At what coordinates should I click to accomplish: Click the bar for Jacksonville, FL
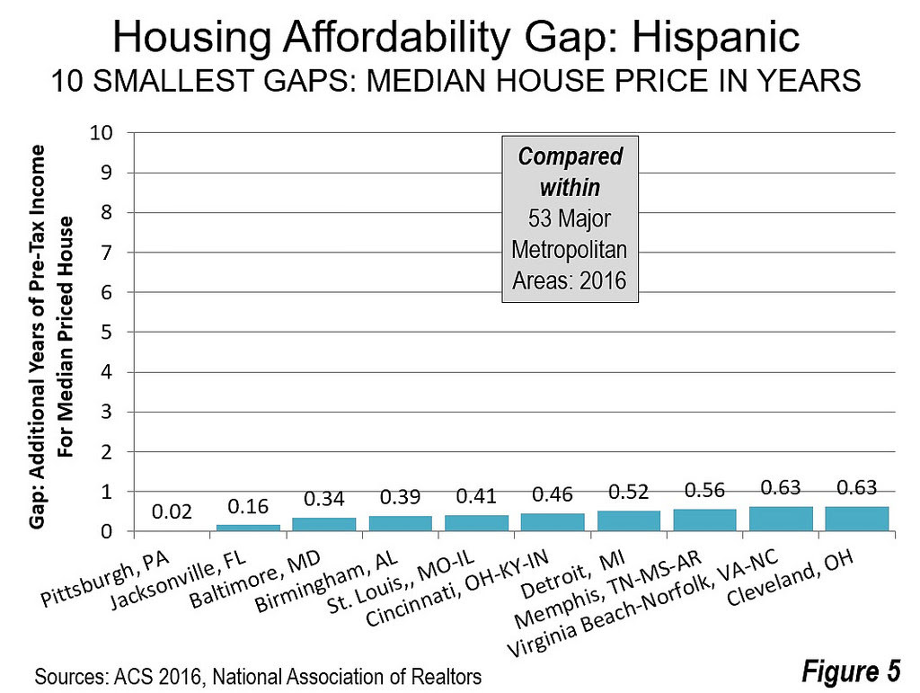click(248, 528)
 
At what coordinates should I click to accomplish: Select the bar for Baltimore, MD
click(324, 524)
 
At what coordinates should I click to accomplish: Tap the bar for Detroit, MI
click(629, 520)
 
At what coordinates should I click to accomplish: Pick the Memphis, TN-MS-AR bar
click(704, 520)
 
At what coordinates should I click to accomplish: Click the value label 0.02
click(172, 512)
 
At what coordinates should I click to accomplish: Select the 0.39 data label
click(400, 496)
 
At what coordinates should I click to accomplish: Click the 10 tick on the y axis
click(101, 133)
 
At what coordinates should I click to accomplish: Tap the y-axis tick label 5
click(108, 333)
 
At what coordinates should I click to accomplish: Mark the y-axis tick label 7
click(108, 253)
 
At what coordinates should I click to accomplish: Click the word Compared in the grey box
click(570, 156)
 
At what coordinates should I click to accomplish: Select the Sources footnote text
click(257, 674)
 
